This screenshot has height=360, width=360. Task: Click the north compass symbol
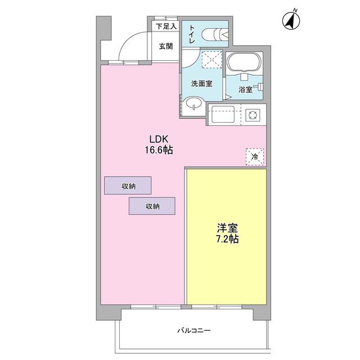[x=291, y=20]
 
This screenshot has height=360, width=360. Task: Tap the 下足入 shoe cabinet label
[x=166, y=26]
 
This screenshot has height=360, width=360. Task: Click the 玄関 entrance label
[x=166, y=46]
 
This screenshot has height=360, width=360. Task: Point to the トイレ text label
[x=192, y=34]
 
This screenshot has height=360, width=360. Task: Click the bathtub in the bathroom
[x=244, y=62]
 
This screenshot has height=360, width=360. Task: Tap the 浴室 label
[x=245, y=89]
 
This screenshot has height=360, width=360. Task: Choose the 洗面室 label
[x=201, y=84]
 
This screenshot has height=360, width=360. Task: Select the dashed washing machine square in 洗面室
[x=212, y=60]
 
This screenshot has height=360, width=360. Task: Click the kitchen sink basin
[x=223, y=114]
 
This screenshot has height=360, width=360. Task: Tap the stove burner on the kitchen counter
[x=253, y=115]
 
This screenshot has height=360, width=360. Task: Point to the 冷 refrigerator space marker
[x=255, y=157]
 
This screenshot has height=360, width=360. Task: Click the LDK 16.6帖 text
[x=159, y=145]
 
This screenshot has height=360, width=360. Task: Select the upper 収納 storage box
[x=128, y=186]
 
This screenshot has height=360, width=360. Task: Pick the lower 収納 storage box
[x=152, y=206]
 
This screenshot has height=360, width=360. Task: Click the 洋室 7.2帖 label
[x=227, y=233]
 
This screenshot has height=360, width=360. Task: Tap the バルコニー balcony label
[x=194, y=331]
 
